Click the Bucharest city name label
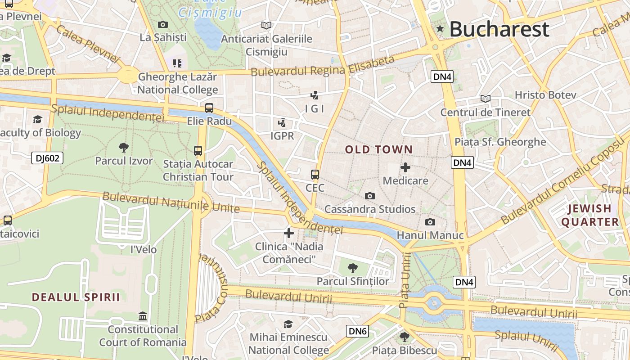(x=499, y=29)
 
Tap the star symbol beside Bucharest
(x=440, y=29)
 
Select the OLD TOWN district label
(x=378, y=150)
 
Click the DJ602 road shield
(x=47, y=158)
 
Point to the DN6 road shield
(x=358, y=332)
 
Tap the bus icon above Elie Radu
(x=209, y=108)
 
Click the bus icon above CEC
(x=315, y=175)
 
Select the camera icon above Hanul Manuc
(x=430, y=222)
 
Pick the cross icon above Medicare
(x=405, y=168)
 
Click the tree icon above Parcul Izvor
(x=124, y=148)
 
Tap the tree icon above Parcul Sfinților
(x=353, y=268)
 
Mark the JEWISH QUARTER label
(x=589, y=215)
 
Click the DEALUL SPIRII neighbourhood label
(x=76, y=297)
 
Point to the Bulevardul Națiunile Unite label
(x=171, y=202)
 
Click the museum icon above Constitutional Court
(x=143, y=316)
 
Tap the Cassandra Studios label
(x=370, y=209)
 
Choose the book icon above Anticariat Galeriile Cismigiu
(x=266, y=25)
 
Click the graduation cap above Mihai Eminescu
(x=288, y=324)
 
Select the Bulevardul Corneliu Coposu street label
(x=562, y=182)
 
